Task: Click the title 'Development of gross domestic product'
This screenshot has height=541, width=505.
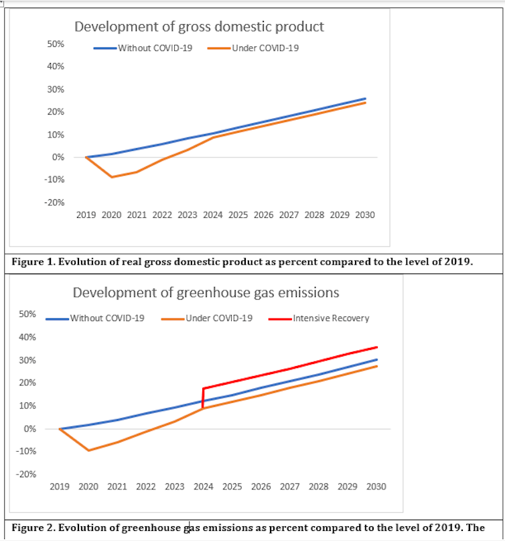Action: pyautogui.click(x=198, y=27)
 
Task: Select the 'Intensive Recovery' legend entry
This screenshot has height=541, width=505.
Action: pyautogui.click(x=330, y=318)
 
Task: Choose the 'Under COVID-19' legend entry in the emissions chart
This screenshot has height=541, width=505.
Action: pyautogui.click(x=218, y=318)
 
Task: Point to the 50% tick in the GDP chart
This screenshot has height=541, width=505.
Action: pyautogui.click(x=56, y=44)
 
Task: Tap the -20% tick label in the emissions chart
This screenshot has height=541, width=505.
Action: pyautogui.click(x=26, y=475)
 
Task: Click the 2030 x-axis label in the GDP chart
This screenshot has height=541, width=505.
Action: pyautogui.click(x=365, y=215)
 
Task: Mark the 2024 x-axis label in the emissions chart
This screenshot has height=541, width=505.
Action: pyautogui.click(x=204, y=487)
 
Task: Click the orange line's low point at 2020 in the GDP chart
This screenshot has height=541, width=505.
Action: pyautogui.click(x=112, y=177)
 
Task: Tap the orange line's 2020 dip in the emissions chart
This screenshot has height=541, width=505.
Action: pyautogui.click(x=88, y=450)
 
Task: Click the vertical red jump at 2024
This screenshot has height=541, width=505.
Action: pyautogui.click(x=203, y=398)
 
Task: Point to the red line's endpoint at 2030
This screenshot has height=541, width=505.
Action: pyautogui.click(x=377, y=347)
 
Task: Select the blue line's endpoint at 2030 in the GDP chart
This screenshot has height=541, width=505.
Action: pyautogui.click(x=365, y=99)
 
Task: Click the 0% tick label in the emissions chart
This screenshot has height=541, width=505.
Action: pyautogui.click(x=31, y=429)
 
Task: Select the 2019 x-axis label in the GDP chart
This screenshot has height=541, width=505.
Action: pyautogui.click(x=86, y=215)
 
